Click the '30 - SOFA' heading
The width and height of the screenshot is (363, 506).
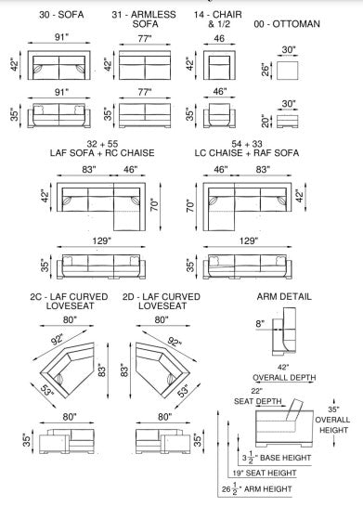(x=61, y=15)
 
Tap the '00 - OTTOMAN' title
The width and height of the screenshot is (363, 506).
(x=287, y=24)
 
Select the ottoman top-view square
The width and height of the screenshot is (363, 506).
(x=288, y=70)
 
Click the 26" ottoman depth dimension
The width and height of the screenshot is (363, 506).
(x=266, y=70)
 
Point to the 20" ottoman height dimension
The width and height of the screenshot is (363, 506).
(x=266, y=121)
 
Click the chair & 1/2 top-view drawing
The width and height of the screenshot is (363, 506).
(x=219, y=65)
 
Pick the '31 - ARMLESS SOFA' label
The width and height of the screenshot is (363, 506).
(x=144, y=19)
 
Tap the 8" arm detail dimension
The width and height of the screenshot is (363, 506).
(x=260, y=323)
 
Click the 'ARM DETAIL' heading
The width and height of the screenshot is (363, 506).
(x=284, y=296)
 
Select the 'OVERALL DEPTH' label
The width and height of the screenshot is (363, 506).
(x=284, y=377)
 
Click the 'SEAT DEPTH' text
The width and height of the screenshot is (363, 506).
(x=258, y=401)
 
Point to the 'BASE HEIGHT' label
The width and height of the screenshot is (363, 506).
(x=285, y=458)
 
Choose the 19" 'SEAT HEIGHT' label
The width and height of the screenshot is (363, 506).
(x=265, y=474)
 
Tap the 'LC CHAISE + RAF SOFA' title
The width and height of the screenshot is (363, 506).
(x=247, y=152)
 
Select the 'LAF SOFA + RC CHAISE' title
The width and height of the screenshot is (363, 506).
(x=102, y=152)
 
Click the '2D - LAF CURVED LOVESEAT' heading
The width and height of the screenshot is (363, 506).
(x=162, y=301)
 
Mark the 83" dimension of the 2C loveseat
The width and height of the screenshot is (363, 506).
(x=102, y=370)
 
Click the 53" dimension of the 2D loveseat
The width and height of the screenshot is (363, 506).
(x=184, y=391)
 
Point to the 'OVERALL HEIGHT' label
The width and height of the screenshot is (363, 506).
(x=332, y=424)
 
